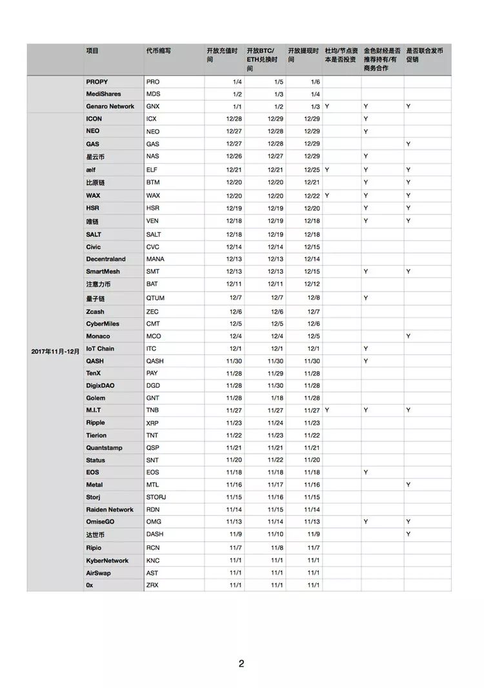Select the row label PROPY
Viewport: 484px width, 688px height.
(97, 82)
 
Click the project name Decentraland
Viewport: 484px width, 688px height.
(106, 259)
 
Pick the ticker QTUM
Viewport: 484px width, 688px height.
(155, 298)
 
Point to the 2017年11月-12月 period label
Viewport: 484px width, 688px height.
(55, 351)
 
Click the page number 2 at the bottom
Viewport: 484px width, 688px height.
(241, 663)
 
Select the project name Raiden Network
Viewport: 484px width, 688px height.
(110, 509)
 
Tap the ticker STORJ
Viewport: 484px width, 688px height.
(156, 497)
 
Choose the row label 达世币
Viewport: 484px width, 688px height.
(95, 535)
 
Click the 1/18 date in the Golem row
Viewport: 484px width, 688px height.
(277, 398)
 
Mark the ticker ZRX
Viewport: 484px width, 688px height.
(152, 585)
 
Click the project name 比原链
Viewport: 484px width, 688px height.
(95, 183)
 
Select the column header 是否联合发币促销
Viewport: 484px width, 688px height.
(419, 54)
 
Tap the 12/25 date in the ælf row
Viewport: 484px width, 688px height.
(312, 170)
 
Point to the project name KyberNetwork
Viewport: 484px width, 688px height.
(107, 560)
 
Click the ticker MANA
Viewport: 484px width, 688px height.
(154, 259)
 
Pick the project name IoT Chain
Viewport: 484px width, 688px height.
(100, 349)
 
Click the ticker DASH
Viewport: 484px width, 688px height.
(154, 535)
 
